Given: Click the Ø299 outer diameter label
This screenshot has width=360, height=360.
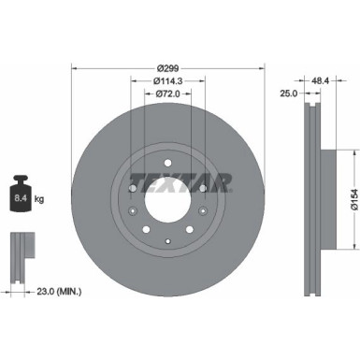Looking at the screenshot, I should click(167, 68).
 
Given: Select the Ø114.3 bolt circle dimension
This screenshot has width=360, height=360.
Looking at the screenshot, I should click(167, 81).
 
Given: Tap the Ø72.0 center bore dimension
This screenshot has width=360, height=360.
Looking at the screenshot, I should click(167, 94).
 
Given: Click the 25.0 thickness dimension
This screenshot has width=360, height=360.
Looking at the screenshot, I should click(290, 94).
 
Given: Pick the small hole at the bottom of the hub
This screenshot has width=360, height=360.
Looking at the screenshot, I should click(167, 243).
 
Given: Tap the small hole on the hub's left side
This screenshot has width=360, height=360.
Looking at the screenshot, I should click(132, 212).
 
